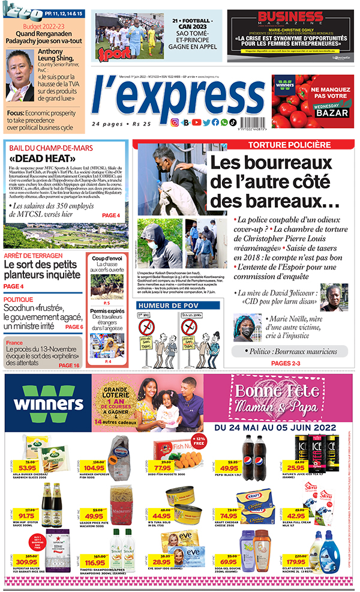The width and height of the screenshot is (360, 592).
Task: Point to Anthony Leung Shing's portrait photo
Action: coord(20,74)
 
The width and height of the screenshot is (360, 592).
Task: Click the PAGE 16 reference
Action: coord(69,365)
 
